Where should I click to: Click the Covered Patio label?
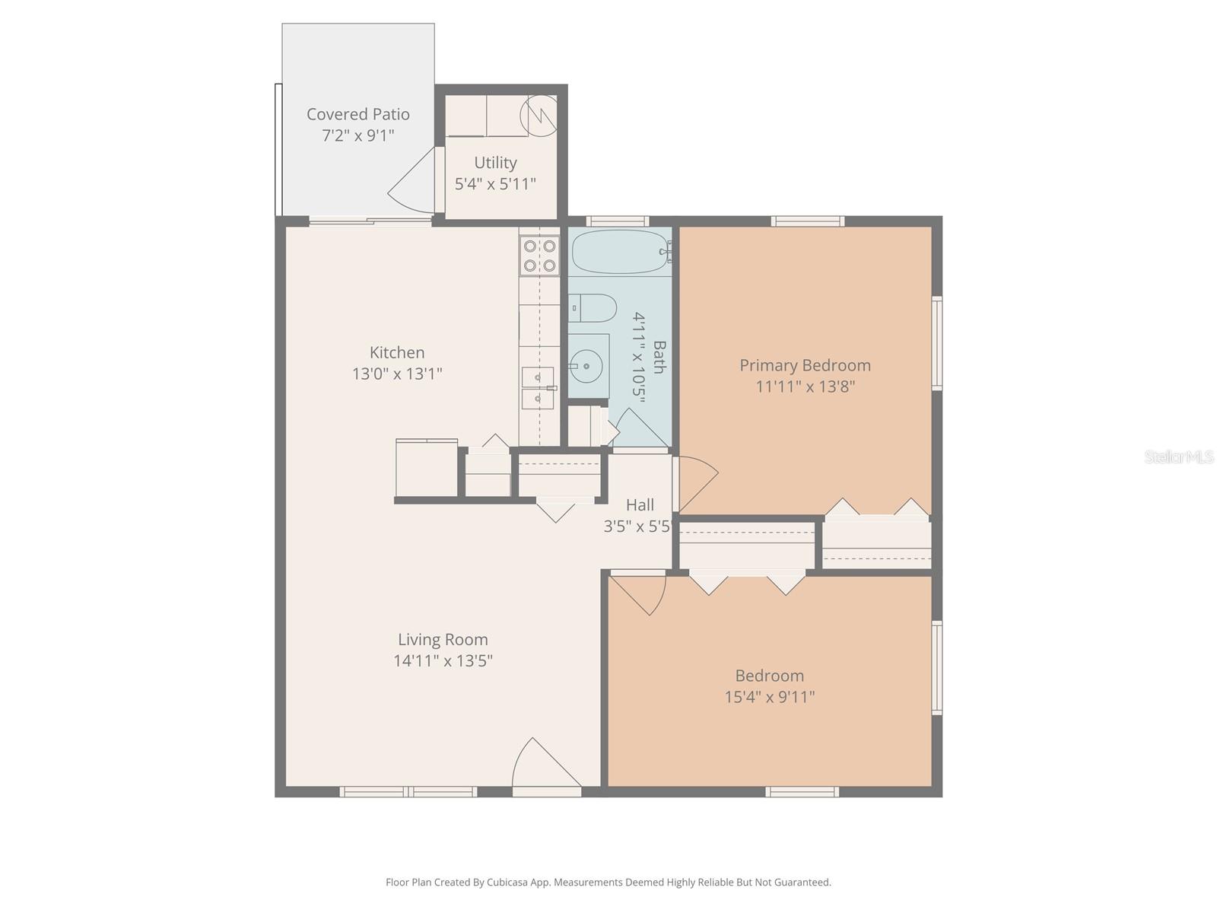[358, 114]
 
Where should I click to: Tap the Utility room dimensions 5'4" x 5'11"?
[495, 183]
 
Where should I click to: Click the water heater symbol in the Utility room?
[538, 114]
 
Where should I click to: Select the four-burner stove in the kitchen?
[539, 256]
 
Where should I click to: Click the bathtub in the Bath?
[620, 252]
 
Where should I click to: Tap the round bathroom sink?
[586, 366]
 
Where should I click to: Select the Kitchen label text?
[397, 352]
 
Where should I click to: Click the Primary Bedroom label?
[805, 365]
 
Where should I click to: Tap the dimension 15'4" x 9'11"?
[769, 697]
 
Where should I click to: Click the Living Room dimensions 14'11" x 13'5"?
[443, 660]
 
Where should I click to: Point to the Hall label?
[640, 504]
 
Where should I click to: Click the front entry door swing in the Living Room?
[542, 765]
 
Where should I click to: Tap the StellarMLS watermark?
[1178, 457]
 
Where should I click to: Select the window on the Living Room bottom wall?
[408, 792]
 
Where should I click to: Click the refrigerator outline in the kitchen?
[426, 468]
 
